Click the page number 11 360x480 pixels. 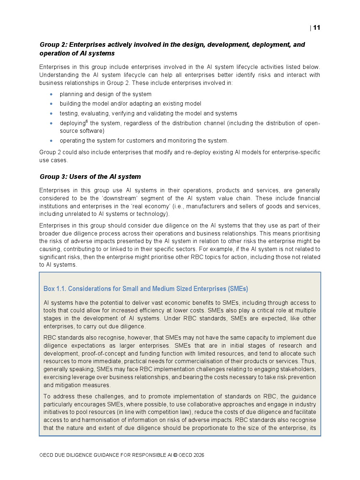click(x=316, y=28)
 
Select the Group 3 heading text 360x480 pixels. click(x=90, y=177)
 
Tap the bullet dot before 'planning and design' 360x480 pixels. click(x=51, y=94)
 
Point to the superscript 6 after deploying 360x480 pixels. click(x=87, y=122)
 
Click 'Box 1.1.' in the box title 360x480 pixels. click(x=54, y=289)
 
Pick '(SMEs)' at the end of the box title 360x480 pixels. click(x=238, y=289)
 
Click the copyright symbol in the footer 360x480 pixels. click(x=175, y=455)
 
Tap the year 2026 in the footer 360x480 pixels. click(x=199, y=455)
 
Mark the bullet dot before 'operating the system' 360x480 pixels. click(x=51, y=141)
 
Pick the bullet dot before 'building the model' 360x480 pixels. click(x=51, y=104)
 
